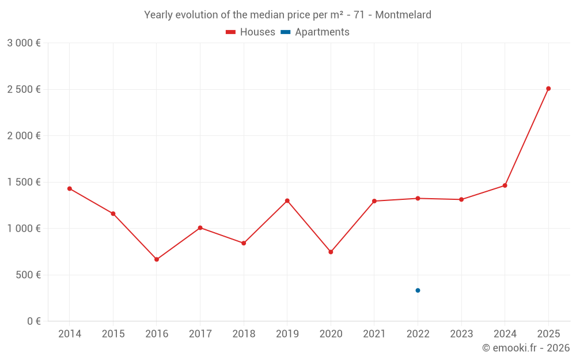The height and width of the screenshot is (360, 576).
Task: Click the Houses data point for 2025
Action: pos(548,89)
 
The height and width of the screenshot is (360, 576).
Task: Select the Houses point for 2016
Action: pos(157,259)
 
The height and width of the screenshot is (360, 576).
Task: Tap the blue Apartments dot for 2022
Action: pos(418,290)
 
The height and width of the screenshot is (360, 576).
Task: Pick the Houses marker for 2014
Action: pos(70,188)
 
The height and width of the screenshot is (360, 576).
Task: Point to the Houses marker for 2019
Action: pos(287,200)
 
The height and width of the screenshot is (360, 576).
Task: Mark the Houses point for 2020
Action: pos(331,252)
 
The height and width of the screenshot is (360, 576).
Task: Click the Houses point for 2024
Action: pos(505,185)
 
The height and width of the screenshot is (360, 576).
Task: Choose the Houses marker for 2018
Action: pos(244,243)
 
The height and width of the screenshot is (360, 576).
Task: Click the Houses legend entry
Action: pos(251,32)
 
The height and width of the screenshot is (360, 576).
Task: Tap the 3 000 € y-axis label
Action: pos(24,43)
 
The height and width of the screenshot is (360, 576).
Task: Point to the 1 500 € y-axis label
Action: pos(24,182)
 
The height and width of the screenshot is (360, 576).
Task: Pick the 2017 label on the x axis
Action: pos(200,334)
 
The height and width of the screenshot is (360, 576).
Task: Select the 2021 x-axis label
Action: pos(374,334)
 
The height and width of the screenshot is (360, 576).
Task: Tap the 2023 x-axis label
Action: pos(461,334)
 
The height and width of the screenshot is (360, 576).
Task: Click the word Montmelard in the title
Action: pos(403,15)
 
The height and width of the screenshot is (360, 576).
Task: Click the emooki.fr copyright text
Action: pos(526,348)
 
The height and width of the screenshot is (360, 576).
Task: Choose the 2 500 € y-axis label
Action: pos(24,89)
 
